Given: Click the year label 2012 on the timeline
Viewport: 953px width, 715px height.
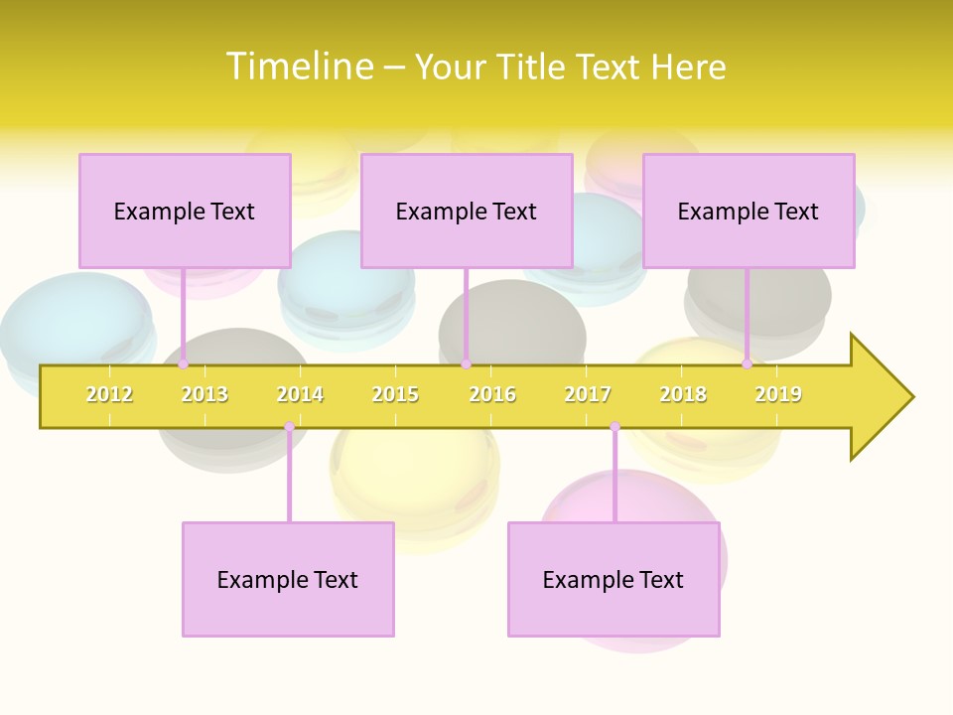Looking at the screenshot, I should (109, 394).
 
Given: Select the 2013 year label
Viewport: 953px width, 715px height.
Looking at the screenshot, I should (204, 394).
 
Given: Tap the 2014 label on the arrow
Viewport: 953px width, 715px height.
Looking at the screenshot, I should (300, 394).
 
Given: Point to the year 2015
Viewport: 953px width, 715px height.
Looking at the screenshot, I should (395, 394).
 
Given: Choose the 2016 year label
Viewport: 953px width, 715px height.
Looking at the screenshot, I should (492, 394).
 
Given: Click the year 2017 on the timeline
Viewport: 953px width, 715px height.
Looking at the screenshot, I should (588, 394).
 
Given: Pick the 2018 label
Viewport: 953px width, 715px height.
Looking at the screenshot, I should (683, 394).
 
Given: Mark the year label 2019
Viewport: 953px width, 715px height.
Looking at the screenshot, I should (778, 394).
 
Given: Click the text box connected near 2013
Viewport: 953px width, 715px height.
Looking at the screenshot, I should (185, 211).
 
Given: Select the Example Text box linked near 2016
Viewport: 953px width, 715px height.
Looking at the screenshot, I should (467, 211).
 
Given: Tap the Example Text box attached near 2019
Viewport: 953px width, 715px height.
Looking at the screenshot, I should (749, 211).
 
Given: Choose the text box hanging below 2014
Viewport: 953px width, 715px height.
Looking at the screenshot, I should (288, 579).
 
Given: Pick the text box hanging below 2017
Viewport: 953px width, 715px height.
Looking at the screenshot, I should (613, 579).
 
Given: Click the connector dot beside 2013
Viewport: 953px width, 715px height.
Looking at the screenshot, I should (184, 364).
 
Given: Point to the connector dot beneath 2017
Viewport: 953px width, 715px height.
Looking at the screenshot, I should (614, 427).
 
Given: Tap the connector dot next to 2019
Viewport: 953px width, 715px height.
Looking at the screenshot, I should (748, 364).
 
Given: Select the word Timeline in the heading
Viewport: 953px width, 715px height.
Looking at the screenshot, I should (301, 67).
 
